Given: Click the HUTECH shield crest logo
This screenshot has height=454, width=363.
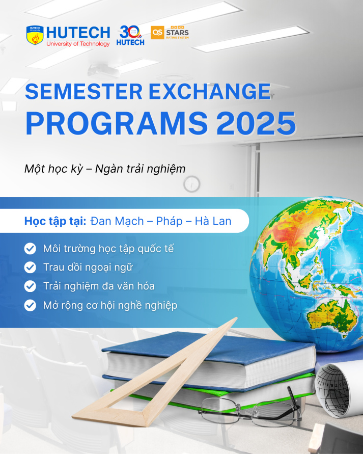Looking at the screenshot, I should (x=35, y=36).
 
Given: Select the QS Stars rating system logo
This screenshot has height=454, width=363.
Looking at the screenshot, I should (x=170, y=33).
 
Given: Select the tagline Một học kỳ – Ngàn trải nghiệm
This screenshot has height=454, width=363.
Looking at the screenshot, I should (x=105, y=169).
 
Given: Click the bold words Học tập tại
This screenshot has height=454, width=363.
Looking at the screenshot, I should (x=55, y=221).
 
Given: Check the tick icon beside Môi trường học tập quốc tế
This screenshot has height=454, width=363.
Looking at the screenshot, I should (x=31, y=249).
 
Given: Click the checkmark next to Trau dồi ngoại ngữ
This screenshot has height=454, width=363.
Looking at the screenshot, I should (x=31, y=268).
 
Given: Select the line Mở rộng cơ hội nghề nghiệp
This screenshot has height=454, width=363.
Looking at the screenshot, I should (x=110, y=305).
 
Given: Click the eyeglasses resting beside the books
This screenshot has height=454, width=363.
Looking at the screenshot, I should (x=249, y=408).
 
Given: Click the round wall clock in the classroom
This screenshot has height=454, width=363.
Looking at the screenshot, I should (x=192, y=183).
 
